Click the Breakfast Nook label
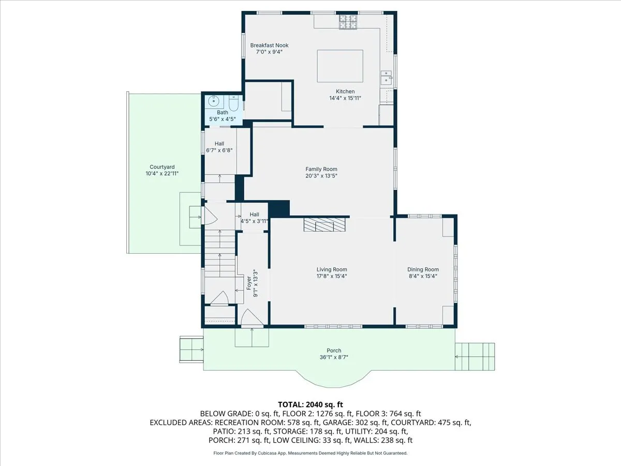coord(269,46)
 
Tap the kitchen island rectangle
coord(340,66)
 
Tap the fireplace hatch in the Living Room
coord(324,225)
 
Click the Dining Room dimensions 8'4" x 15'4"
coord(423,276)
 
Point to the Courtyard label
coord(162,167)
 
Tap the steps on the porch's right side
coord(475,357)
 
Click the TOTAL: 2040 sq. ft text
coord(310,404)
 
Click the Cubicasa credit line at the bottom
coord(310,453)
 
